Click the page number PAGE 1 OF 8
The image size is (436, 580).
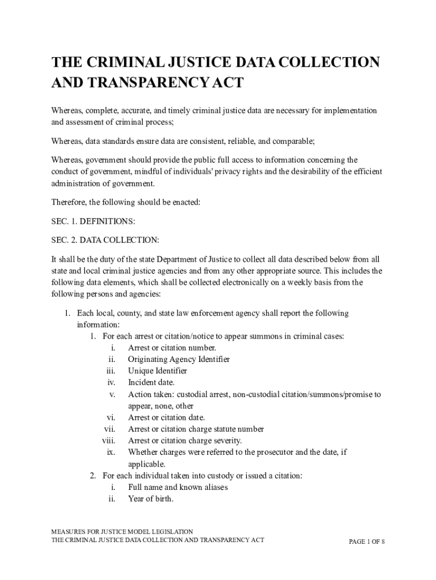coord(367,541)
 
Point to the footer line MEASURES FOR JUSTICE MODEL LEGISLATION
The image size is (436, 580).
coord(122,532)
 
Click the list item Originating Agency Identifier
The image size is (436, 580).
coord(179,359)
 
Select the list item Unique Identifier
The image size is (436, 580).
coord(157,371)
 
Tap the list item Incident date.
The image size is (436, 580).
coord(151,382)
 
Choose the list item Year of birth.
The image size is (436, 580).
coord(151,499)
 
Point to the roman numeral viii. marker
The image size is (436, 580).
coord(109,441)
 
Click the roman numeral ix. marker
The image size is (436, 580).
coord(111,452)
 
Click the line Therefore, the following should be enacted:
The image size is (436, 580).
coord(126,202)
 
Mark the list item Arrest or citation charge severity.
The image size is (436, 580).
coord(185,441)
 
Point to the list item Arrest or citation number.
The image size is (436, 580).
coord(172,348)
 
